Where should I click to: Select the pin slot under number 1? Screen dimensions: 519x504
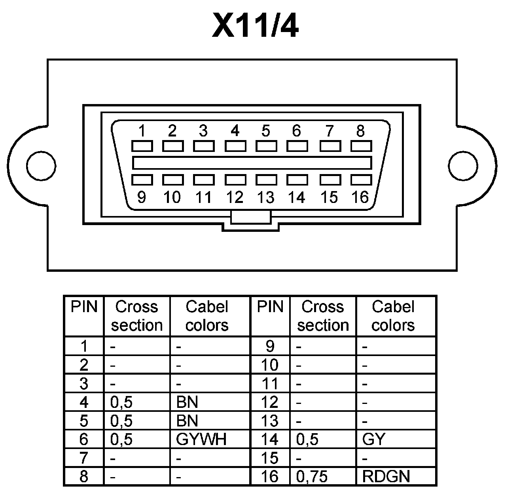tap(142, 146)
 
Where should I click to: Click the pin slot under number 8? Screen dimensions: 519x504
tap(361, 146)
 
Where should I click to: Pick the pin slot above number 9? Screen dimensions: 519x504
tap(142, 180)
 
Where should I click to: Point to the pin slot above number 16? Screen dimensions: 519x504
tap(361, 180)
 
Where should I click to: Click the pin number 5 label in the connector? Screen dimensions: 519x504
tap(266, 130)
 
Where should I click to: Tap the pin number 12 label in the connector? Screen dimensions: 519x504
tap(235, 197)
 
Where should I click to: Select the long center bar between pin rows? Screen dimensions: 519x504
tap(252, 163)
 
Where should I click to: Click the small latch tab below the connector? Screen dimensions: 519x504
tap(251, 217)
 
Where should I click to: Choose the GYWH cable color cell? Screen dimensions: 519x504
tap(201, 440)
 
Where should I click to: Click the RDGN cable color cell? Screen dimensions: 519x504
tap(386, 476)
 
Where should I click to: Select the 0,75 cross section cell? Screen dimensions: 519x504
tap(312, 476)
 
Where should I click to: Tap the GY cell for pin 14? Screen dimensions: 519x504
tap(373, 440)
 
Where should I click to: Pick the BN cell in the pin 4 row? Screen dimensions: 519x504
tap(187, 402)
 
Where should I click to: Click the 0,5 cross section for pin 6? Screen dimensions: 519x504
tap(121, 440)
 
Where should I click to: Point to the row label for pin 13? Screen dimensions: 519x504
tap(270, 421)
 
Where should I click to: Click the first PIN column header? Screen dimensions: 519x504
tap(84, 307)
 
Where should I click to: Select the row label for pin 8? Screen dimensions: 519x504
tap(84, 476)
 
